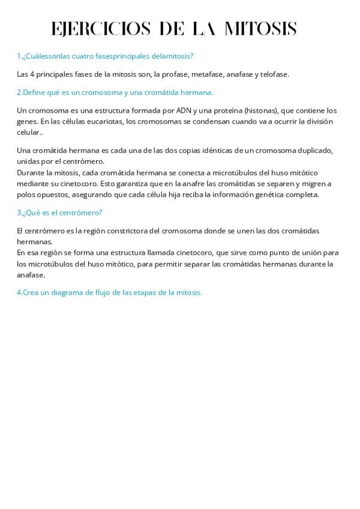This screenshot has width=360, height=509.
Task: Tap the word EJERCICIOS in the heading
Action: click(x=101, y=29)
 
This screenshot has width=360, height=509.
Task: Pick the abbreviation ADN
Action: click(x=183, y=110)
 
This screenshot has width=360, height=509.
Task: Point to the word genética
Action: click(x=274, y=194)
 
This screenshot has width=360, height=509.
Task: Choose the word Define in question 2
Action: click(x=35, y=92)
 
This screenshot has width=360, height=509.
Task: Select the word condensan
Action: click(x=210, y=121)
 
